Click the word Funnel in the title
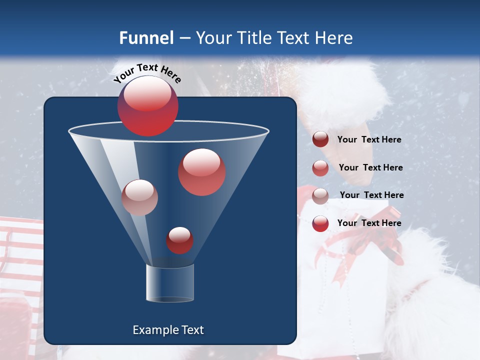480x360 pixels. pyautogui.click(x=146, y=38)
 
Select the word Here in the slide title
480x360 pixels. pyautogui.click(x=333, y=38)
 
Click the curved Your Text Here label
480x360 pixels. pyautogui.click(x=147, y=73)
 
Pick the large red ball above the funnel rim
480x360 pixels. pyautogui.click(x=147, y=106)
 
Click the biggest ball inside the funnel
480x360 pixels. pyautogui.click(x=201, y=172)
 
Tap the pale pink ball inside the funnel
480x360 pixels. pyautogui.click(x=139, y=197)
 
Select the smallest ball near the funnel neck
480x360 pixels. pyautogui.click(x=179, y=240)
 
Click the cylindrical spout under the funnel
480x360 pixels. pyautogui.click(x=170, y=283)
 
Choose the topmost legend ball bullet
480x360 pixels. pyautogui.click(x=320, y=139)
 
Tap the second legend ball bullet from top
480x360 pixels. pyautogui.click(x=320, y=168)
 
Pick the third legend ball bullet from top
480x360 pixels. pyautogui.click(x=320, y=195)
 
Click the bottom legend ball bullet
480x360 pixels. pyautogui.click(x=320, y=223)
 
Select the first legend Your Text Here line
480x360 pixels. pyautogui.click(x=369, y=140)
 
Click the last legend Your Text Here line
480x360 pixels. pyautogui.click(x=369, y=223)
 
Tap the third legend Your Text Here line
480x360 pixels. pyautogui.click(x=371, y=195)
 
